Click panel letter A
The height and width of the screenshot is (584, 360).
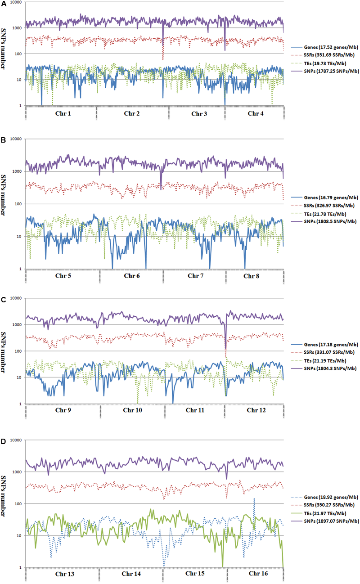coord(3,4)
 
